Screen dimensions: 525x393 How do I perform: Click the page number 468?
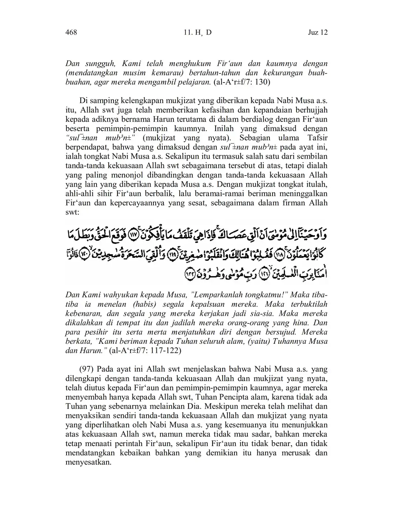pos(71,33)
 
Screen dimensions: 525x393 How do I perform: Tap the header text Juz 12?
pos(318,33)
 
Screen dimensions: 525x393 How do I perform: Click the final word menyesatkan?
pos(88,462)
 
